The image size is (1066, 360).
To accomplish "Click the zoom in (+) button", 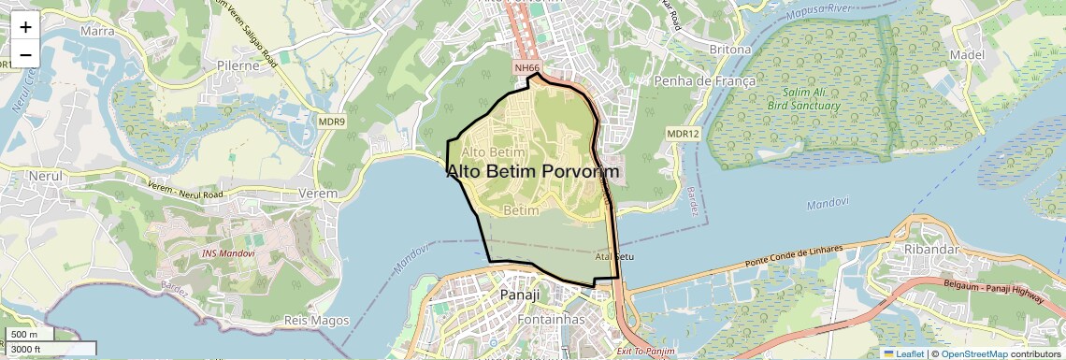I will pos(25,27).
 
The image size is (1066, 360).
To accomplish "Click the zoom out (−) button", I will pos(25,55).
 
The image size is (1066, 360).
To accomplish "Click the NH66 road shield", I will pos(527,68).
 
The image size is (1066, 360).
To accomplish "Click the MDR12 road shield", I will pos(683,135).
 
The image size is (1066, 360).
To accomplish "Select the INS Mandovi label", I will pos(229,253).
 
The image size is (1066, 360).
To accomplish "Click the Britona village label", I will pos(730,49).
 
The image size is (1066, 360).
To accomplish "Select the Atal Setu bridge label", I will pos(614,255).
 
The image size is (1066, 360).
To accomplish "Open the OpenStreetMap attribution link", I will pos(974,353).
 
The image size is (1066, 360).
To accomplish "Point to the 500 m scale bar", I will pos(28,335).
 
